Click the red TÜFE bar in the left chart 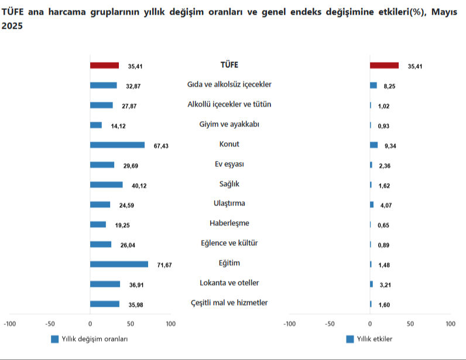pyautogui.click(x=104, y=66)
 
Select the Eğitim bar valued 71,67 pyautogui.click(x=119, y=264)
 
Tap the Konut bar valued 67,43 pyautogui.click(x=117, y=145)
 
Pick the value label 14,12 pyautogui.click(x=119, y=125)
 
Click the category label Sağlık pyautogui.click(x=229, y=184)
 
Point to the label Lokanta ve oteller pyautogui.click(x=229, y=283)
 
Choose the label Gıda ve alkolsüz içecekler pyautogui.click(x=229, y=84)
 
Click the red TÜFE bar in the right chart pyautogui.click(x=384, y=66)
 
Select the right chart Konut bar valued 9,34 pyautogui.click(x=374, y=145)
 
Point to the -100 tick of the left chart pyautogui.click(x=9, y=324)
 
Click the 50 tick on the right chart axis pyautogui.click(x=410, y=324)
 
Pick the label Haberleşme pyautogui.click(x=229, y=223)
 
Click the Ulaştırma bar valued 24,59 pyautogui.click(x=100, y=204)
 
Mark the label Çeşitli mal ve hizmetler pyautogui.click(x=229, y=303)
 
